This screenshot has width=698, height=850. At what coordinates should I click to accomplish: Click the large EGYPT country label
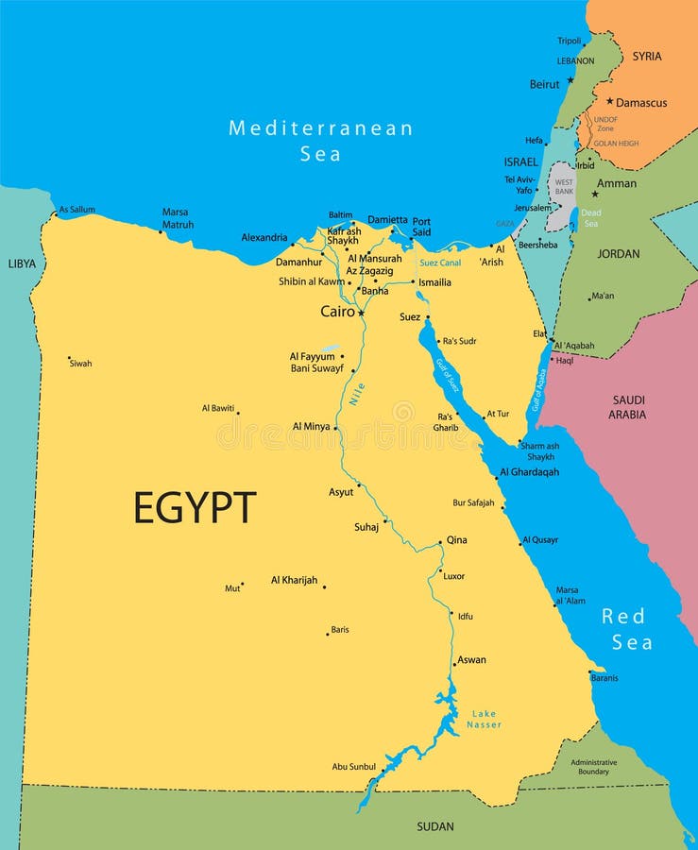click(194, 508)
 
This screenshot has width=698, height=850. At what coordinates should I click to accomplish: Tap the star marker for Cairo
click(361, 313)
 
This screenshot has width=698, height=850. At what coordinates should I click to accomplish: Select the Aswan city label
click(471, 660)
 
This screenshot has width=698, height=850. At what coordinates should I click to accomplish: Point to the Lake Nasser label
click(484, 719)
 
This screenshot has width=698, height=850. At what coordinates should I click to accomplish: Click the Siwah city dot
click(69, 359)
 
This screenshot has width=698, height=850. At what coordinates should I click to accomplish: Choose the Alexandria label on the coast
click(264, 238)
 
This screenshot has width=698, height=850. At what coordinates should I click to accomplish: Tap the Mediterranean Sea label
click(320, 140)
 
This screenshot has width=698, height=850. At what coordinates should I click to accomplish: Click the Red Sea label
click(626, 629)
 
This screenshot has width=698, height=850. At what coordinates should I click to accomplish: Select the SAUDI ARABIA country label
click(627, 407)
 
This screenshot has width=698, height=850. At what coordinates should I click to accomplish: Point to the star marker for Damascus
click(610, 101)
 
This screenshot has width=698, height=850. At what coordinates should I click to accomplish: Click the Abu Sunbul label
click(354, 767)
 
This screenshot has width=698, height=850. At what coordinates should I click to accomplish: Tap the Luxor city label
click(453, 576)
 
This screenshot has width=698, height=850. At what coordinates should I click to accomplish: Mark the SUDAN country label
click(435, 826)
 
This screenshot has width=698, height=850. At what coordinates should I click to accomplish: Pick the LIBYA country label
click(22, 263)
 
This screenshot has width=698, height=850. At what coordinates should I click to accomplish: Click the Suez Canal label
click(440, 263)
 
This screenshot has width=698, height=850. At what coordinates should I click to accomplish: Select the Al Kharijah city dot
click(324, 586)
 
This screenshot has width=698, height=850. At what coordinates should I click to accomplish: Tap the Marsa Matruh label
click(178, 218)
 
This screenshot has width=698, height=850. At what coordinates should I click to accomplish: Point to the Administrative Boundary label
click(594, 767)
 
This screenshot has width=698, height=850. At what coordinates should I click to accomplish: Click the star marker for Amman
click(594, 195)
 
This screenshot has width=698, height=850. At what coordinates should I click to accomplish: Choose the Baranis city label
click(604, 677)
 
